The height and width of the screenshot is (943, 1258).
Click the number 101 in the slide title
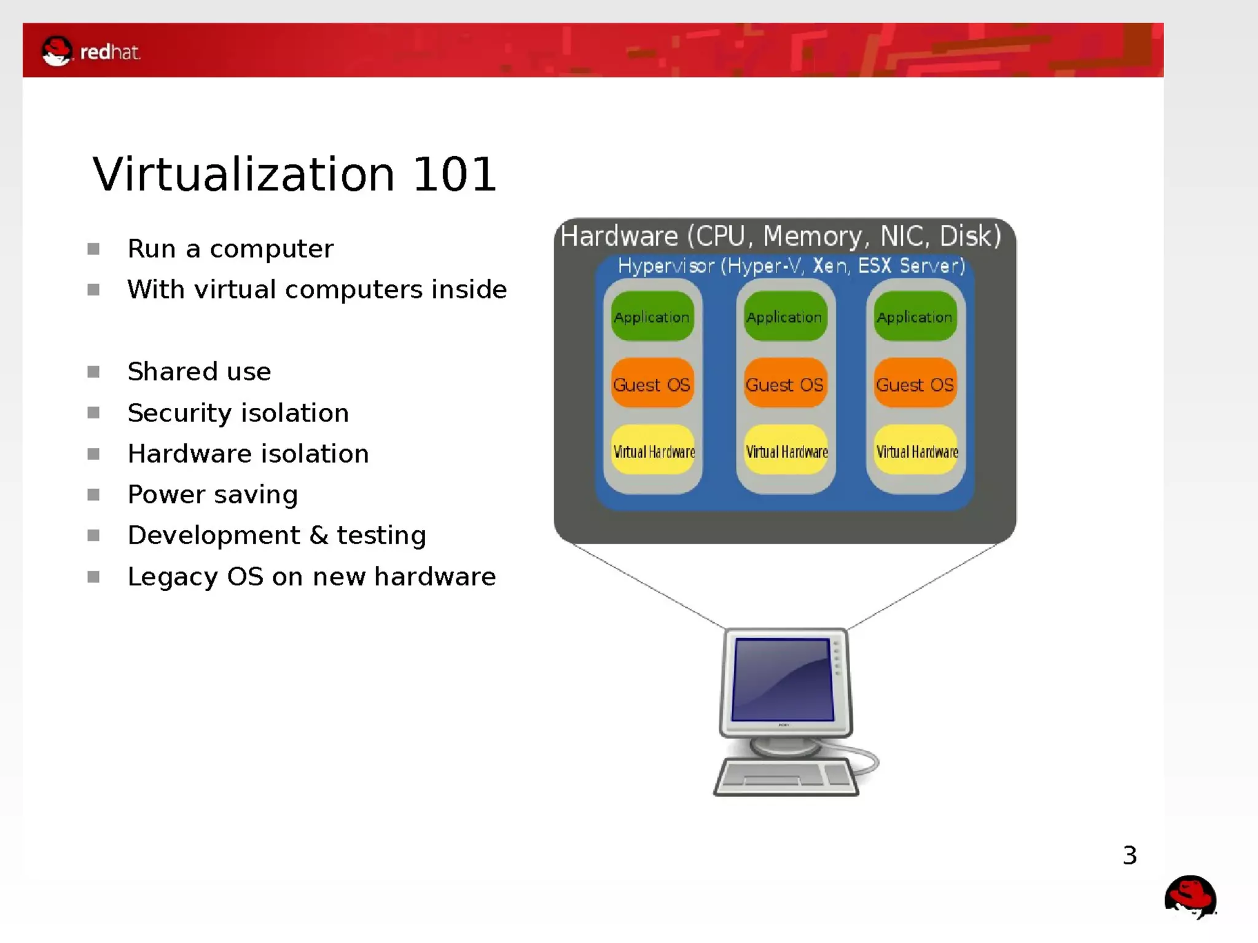tap(454, 175)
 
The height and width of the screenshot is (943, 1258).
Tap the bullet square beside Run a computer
tap(93, 249)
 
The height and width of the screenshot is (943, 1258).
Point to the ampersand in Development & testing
tap(318, 535)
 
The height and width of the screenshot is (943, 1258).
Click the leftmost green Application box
tap(652, 317)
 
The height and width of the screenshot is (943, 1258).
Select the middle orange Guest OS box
tap(784, 385)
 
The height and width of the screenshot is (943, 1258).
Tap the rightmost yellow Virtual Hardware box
tap(916, 452)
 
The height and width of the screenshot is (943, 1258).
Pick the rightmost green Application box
tap(915, 317)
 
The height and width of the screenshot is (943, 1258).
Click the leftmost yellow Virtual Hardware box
tap(654, 452)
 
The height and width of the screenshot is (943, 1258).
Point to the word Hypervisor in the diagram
tap(666, 266)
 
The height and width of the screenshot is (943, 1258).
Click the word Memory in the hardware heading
tap(812, 237)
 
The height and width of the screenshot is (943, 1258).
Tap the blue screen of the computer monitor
tap(783, 679)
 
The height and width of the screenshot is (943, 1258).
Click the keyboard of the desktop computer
tap(786, 777)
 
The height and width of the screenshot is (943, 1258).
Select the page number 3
tap(1130, 855)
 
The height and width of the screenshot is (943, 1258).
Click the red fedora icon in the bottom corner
tap(1190, 897)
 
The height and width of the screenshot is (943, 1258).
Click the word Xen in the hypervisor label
tap(829, 266)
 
